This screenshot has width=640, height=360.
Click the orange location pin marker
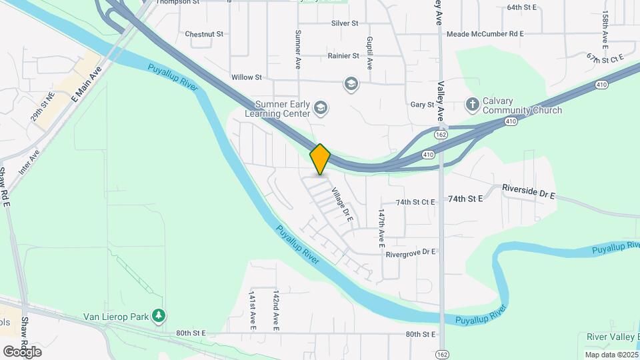coord(320,159)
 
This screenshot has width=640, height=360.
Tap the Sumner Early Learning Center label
coord(273,109)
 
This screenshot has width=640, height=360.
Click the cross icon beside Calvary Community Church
coord(472,104)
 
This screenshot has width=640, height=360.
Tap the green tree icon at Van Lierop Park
coord(158,315)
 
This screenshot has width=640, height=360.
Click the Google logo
coord(22,352)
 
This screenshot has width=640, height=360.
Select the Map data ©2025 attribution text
coord(610,355)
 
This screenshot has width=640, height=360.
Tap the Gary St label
coord(422,105)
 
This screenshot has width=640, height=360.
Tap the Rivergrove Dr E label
coord(410,252)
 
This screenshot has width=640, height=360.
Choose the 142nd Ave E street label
coord(275,310)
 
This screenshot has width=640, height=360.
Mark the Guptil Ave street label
coord(369,53)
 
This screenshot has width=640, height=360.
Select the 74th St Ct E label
coord(415,201)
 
